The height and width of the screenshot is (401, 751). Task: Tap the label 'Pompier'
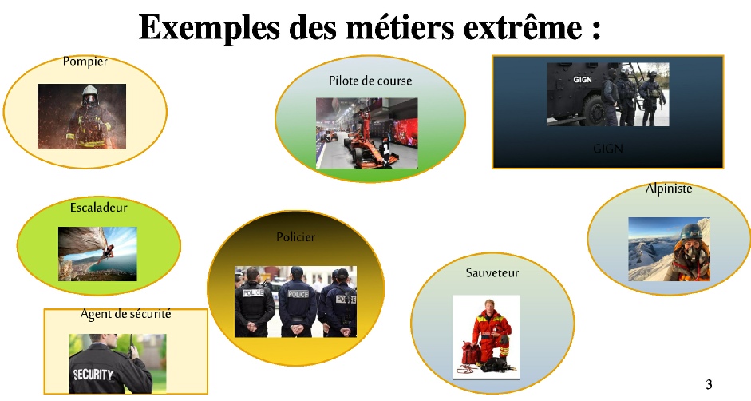85,62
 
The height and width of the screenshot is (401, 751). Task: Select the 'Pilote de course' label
370,81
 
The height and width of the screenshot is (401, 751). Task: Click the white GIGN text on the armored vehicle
583,80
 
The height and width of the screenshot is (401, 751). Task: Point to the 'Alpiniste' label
669,189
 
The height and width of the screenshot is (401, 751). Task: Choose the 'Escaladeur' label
99,207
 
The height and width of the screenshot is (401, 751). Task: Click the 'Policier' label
295,237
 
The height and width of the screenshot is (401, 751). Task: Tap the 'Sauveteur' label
492,273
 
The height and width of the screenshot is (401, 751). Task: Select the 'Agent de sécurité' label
125,314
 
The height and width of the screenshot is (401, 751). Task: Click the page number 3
709,384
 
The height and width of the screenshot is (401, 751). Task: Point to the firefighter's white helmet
89,92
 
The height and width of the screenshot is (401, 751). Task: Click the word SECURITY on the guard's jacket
93,374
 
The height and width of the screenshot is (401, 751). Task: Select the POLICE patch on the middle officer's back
298,293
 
